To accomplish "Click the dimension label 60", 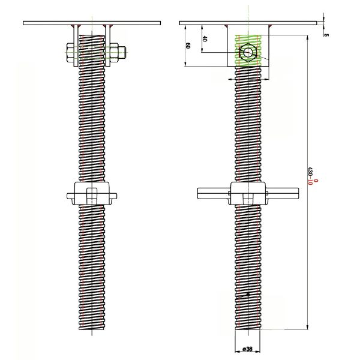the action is [188, 46].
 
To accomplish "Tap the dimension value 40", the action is [205, 39].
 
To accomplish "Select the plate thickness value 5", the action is [326, 35].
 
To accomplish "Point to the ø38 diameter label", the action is [247, 349].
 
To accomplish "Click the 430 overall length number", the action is [310, 171].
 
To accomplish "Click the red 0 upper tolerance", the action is [316, 181].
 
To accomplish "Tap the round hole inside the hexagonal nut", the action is [248, 52].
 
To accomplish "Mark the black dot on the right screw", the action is [248, 295].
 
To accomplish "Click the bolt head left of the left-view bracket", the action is [70, 53].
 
